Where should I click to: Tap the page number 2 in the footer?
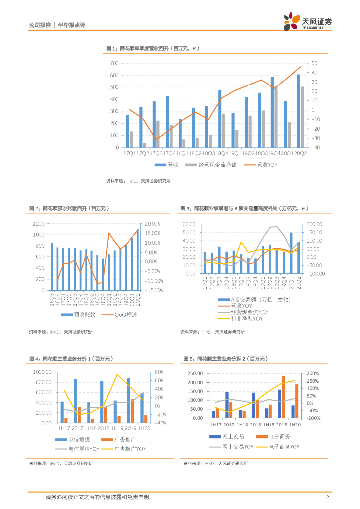coord(328,497)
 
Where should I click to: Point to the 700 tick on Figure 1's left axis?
coord(114,63)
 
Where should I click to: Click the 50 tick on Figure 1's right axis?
coord(315,63)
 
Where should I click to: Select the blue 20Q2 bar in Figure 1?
coord(299,110)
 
